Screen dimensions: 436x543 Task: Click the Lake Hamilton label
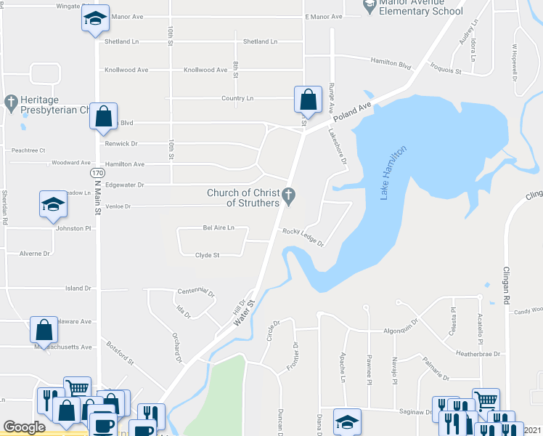point(392,172)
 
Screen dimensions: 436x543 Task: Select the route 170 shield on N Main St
point(97,174)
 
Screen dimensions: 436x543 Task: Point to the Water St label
point(243,311)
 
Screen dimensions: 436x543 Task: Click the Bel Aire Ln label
point(219,228)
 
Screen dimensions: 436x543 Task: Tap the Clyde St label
point(207,255)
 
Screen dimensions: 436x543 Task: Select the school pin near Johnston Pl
point(53,204)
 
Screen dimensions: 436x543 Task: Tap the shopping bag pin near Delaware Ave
point(44,328)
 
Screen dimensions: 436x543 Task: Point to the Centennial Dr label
point(197,292)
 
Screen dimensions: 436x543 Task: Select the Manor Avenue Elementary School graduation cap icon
point(370,6)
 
